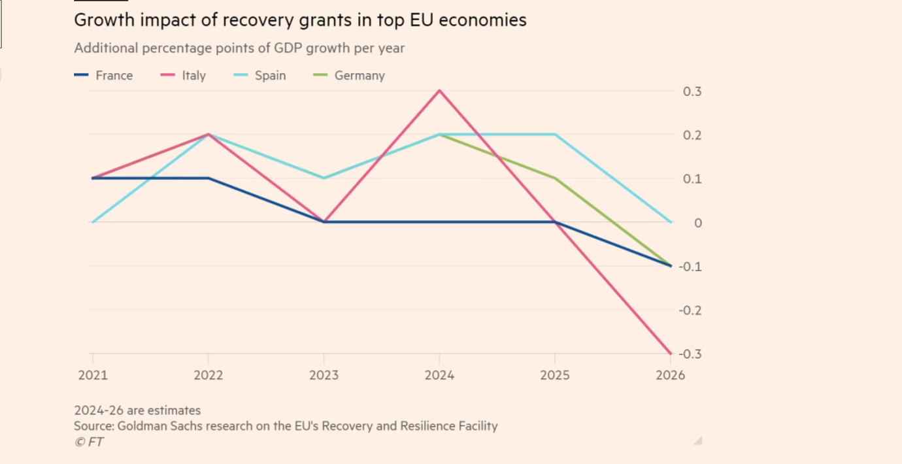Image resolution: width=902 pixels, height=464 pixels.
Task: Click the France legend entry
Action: click(105, 76)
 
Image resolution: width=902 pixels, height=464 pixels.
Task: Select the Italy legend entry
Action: click(184, 76)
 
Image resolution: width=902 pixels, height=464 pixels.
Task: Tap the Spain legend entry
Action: click(261, 76)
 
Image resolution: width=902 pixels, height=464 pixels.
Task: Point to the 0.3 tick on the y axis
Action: click(692, 91)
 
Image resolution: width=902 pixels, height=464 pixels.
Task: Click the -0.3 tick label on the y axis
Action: click(690, 354)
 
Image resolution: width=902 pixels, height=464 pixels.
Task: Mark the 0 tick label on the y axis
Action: click(698, 223)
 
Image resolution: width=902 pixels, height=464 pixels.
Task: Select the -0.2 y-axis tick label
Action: click(690, 310)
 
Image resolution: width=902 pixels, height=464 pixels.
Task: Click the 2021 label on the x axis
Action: click(93, 375)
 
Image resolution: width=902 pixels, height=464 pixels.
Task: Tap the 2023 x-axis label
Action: click(324, 375)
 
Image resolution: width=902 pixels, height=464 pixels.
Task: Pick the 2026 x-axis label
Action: click(671, 375)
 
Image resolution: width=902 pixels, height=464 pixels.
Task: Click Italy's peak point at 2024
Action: click(439, 91)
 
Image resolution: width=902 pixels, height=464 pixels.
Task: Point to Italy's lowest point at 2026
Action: click(671, 354)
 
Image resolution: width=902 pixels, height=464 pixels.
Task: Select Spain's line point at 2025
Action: click(555, 135)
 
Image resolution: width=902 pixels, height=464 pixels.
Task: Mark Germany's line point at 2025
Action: click(555, 178)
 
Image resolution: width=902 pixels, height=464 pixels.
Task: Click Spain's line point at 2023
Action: click(324, 178)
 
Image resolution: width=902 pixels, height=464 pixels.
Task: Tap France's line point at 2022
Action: click(208, 178)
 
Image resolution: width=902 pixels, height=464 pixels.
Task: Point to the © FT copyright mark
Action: click(89, 442)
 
